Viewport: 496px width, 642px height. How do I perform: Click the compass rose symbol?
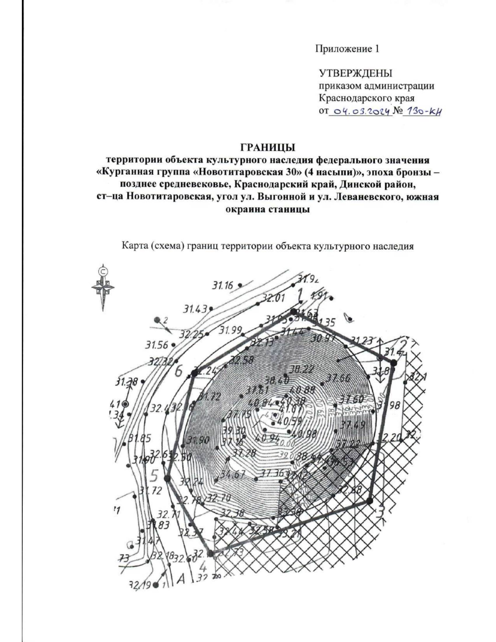coord(103,287)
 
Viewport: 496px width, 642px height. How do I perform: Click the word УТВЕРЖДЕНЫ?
coord(355,73)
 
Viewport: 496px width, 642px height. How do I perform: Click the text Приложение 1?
coord(347,49)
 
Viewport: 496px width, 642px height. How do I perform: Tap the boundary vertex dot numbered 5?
coord(167,478)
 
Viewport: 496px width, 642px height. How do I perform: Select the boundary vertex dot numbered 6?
coord(194,373)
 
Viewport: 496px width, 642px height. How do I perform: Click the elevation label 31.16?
coord(223,285)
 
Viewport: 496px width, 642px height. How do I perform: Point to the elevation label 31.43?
coord(196,309)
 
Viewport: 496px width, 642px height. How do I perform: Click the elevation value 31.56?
coord(157,345)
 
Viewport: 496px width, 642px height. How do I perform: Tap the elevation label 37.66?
coord(338,378)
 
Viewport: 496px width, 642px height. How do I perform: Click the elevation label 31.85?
coord(140,439)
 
